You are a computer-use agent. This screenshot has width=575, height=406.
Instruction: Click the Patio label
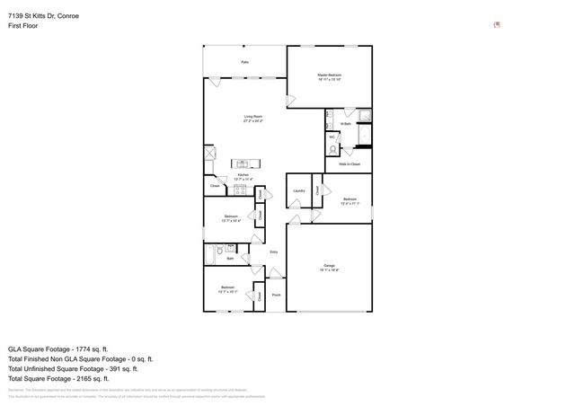[244, 62]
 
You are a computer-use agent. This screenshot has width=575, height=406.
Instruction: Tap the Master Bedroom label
[330, 76]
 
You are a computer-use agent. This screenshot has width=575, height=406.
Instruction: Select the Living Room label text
[252, 119]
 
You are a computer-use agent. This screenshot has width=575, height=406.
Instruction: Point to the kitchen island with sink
[243, 163]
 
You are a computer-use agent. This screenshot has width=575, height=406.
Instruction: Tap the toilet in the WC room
[333, 149]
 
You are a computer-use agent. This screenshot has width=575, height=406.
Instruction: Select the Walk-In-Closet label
[349, 164]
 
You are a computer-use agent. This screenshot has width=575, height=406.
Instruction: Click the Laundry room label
[299, 190]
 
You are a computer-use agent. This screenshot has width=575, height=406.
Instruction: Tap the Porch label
[276, 295]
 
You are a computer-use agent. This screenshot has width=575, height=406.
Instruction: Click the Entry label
[274, 252]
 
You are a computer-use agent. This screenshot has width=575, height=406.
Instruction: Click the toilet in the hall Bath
[231, 248]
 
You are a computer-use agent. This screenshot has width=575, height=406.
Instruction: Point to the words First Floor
[22, 26]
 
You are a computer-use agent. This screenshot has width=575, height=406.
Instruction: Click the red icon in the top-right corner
[497, 24]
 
